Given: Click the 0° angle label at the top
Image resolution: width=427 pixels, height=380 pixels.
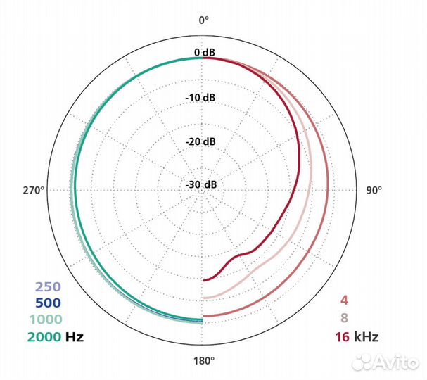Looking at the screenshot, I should tap(203, 20).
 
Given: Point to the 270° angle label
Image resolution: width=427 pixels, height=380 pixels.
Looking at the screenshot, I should tap(33, 190).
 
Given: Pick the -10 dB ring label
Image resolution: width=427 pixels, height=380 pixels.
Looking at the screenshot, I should tap(203, 97).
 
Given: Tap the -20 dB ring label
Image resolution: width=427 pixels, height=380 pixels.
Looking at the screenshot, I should tap(203, 141).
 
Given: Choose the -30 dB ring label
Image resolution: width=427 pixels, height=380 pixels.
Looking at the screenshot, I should tap(203, 184).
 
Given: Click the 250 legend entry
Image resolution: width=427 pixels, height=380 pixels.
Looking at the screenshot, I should tap(48, 287).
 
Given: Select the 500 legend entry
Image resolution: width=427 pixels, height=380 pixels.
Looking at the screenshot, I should tap(48, 303).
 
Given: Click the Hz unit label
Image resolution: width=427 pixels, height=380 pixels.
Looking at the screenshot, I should tap(75, 337).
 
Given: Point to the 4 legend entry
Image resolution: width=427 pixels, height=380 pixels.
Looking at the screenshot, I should tap(344, 299).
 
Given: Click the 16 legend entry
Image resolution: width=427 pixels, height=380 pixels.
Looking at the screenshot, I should tap(343, 336).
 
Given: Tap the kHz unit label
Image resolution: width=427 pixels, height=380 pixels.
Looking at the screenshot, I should tap(367, 336).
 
